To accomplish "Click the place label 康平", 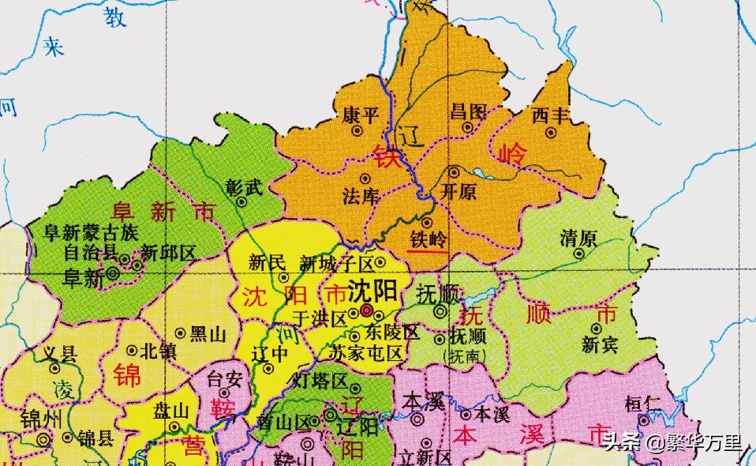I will pos(360,115).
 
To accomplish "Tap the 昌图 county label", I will pos(467,111).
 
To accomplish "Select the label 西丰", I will pos(550,115).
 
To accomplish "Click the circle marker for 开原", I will pos(454,171).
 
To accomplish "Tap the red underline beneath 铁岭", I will pos(426,252).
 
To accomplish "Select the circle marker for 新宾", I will pos(596,328).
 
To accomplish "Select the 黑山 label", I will pos(208,333).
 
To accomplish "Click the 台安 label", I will pos(224,379).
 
